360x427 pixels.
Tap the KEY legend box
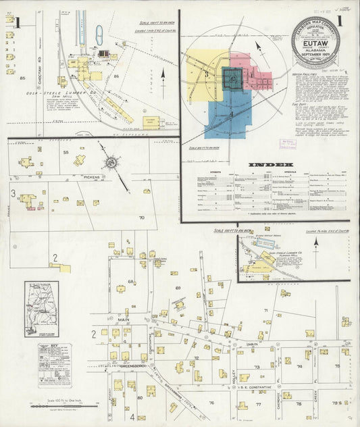55,365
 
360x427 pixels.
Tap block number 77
259,405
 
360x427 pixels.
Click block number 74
299,367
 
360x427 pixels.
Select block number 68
132,281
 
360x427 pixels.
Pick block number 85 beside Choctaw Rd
22,79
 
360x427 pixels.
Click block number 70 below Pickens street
141,218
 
